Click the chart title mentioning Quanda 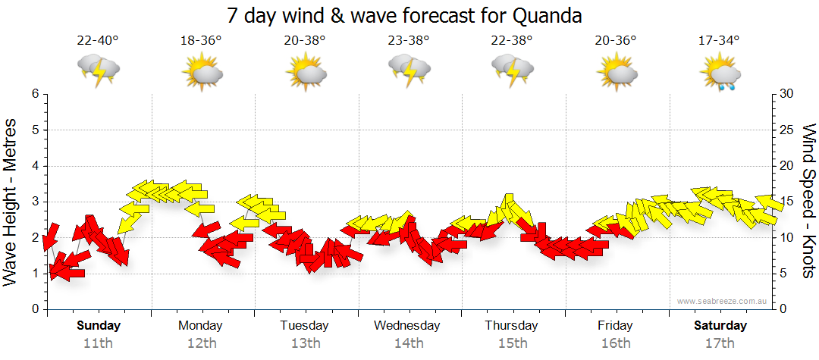pos(409,15)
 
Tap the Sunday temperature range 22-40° pos(98,41)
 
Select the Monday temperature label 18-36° pos(201,41)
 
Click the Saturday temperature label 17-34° pos(719,41)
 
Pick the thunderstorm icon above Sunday pos(99,70)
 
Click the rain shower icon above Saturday pos(720,73)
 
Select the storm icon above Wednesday pos(409,70)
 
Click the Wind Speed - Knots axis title pos(808,201)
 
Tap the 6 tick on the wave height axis pos(34,94)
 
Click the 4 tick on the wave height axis pos(34,166)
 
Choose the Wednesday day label pos(407,326)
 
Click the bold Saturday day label pos(720,326)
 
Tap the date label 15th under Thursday pos(513,343)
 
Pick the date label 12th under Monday pos(201,343)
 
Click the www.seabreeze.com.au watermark pos(718,302)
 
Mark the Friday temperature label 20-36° pos(616,41)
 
